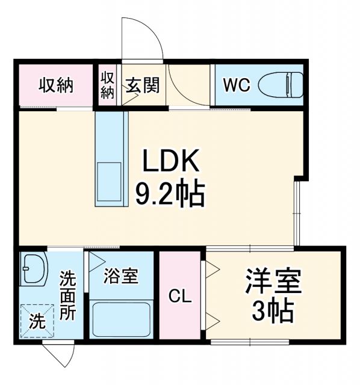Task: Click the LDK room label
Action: [170, 162]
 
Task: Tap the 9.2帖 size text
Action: [170, 194]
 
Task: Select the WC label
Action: [237, 86]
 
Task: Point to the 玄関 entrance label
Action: [143, 85]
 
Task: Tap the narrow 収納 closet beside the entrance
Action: [107, 85]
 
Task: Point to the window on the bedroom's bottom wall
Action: [252, 342]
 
